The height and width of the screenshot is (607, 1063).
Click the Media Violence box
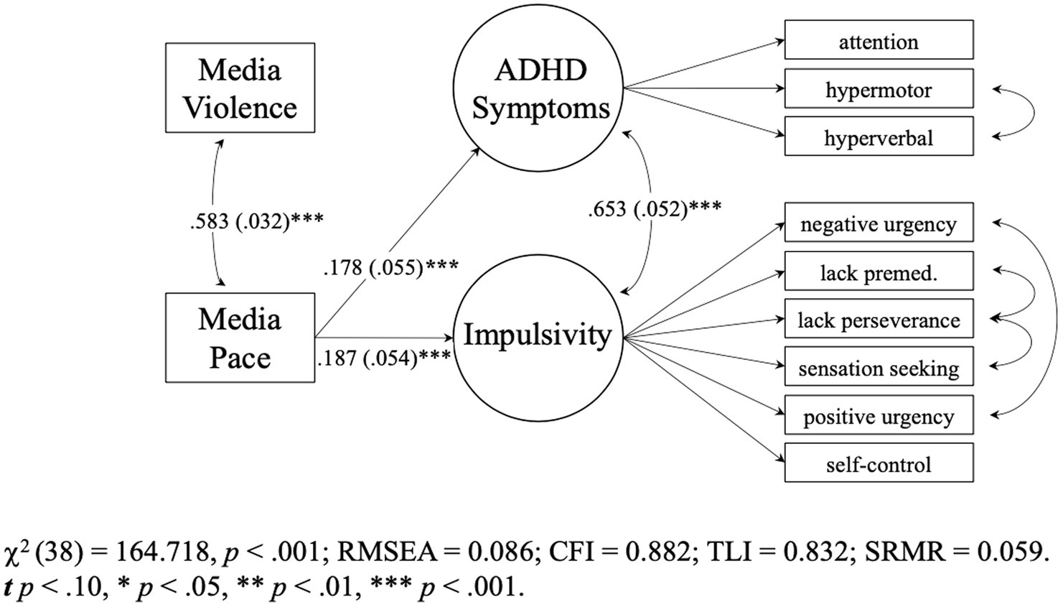click(240, 88)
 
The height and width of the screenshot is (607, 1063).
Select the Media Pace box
click(240, 338)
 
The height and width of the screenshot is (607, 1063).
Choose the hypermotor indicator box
click(879, 89)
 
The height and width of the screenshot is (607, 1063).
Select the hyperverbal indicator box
click(879, 136)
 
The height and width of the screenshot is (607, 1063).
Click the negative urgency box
click(879, 223)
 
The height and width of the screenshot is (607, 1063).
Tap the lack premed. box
click(879, 272)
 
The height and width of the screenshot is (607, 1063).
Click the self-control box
click(879, 463)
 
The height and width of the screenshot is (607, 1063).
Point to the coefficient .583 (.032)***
click(256, 221)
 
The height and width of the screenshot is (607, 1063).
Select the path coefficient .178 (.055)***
click(390, 267)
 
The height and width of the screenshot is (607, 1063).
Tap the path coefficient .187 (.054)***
click(384, 357)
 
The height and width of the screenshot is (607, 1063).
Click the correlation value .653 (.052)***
click(655, 209)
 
